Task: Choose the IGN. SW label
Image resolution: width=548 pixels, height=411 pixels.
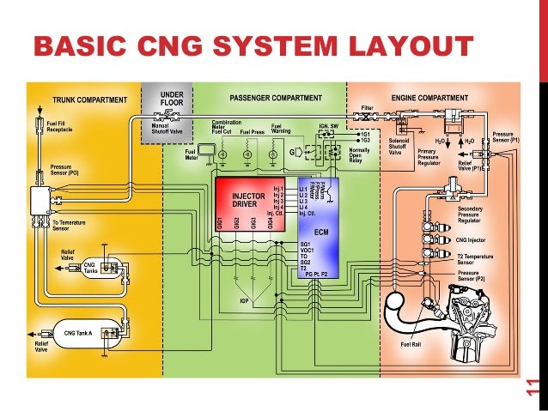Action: coord(331,125)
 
